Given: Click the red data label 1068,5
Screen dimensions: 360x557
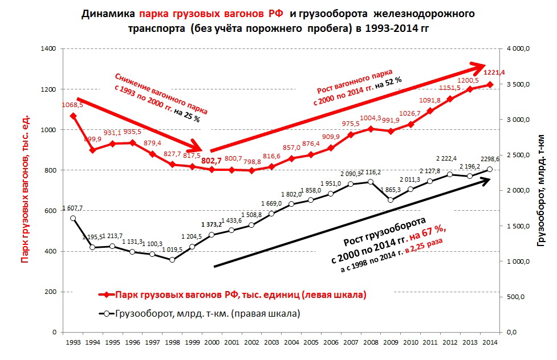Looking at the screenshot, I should click(73, 105).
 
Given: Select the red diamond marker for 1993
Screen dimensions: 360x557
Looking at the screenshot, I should click(73, 116).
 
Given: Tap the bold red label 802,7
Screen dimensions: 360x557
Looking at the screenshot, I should click(211, 161).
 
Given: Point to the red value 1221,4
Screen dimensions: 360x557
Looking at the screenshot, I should click(494, 72).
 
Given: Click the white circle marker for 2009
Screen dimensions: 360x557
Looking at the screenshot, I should click(391, 200).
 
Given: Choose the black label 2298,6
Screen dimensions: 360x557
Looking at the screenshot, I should click(488, 159).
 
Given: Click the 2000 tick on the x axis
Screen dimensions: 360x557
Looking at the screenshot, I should click(211, 343).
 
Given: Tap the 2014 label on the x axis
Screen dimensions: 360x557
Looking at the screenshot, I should click(489, 343).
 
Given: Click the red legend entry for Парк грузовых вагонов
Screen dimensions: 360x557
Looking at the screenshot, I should click(239, 295).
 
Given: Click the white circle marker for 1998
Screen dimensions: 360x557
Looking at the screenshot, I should click(172, 260).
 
